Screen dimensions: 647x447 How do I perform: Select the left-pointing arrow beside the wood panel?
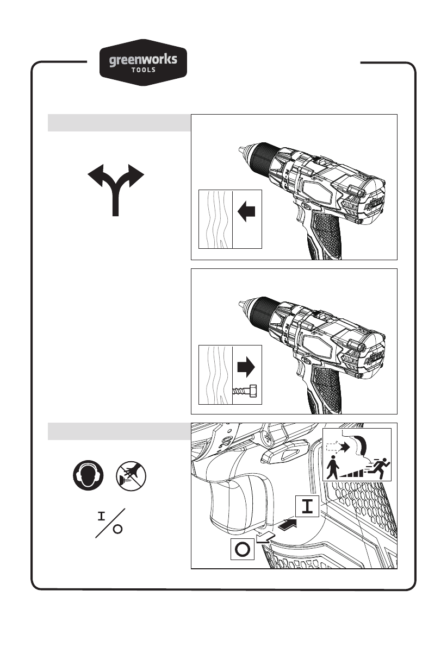(x=247, y=212)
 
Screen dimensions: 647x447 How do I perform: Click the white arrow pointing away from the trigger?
(x=265, y=538)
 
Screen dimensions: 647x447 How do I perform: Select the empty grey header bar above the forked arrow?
(x=119, y=123)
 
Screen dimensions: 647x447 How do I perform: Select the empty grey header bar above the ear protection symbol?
(x=119, y=431)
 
